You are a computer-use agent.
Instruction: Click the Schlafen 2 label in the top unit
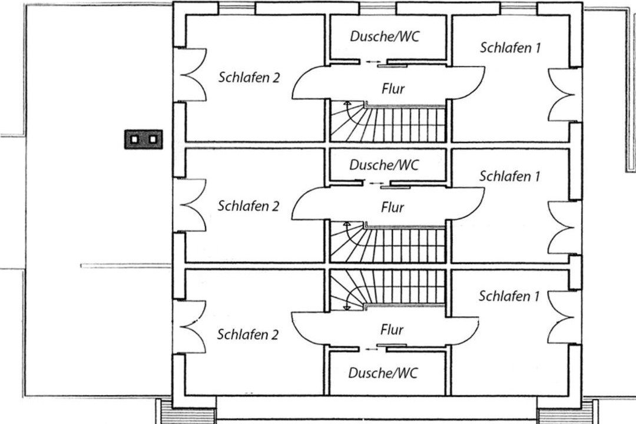tap(249, 78)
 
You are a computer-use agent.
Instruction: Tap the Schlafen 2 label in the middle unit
tap(248, 206)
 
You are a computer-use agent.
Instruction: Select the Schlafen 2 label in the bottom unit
tap(247, 334)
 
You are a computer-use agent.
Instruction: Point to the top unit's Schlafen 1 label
tap(510, 48)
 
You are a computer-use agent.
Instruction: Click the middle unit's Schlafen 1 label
tap(509, 175)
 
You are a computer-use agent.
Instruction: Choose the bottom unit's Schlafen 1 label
tap(509, 296)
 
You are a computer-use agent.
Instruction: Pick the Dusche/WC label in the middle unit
tap(384, 165)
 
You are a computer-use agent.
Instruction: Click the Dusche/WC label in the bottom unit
tap(383, 373)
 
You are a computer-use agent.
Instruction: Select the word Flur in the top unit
tap(393, 89)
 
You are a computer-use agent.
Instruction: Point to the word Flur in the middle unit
tap(392, 207)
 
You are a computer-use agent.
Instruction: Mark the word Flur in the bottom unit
tap(392, 330)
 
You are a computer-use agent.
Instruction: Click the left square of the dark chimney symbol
tap(135, 140)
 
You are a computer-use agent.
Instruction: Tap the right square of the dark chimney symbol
tap(153, 140)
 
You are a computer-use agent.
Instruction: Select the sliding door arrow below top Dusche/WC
tap(373, 61)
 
